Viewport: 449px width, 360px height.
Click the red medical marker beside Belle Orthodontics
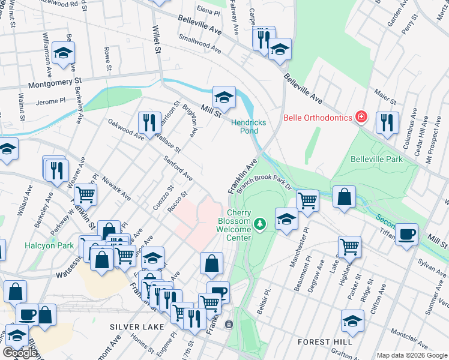pyautogui.click(x=361, y=116)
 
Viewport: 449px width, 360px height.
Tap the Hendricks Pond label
pyautogui.click(x=245, y=127)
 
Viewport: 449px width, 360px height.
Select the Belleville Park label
pyautogui.click(x=376, y=160)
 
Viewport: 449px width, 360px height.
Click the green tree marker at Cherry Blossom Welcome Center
pyautogui.click(x=259, y=224)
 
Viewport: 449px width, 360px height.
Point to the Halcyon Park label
pyautogui.click(x=49, y=245)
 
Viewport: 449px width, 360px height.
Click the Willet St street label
pyautogui.click(x=158, y=40)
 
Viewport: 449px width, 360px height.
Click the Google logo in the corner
pyautogui.click(x=20, y=353)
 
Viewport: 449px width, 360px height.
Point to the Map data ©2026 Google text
pyautogui.click(x=411, y=355)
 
